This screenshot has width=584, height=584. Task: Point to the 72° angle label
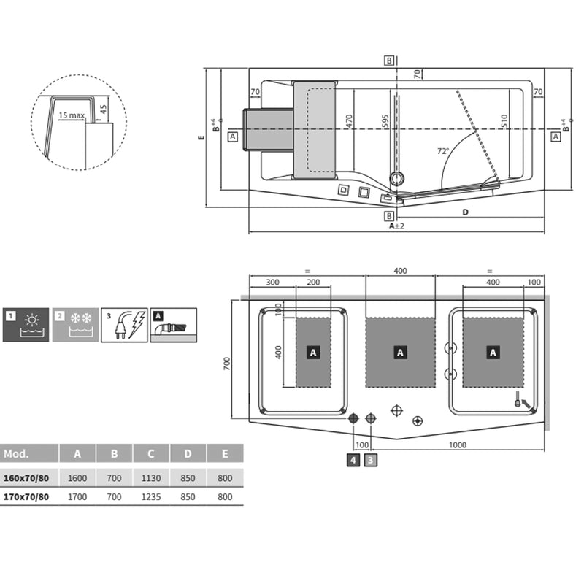(442, 151)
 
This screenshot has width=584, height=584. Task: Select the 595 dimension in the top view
(385, 121)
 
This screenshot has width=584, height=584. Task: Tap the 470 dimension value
(349, 121)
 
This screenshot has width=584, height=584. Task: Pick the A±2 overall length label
(396, 226)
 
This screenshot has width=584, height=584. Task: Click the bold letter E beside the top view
(201, 136)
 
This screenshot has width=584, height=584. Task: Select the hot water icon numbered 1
(26, 325)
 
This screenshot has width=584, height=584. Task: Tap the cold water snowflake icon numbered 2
(75, 325)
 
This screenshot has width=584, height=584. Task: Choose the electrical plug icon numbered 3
(124, 325)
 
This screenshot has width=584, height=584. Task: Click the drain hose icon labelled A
(174, 325)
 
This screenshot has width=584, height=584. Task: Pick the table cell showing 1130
(151, 478)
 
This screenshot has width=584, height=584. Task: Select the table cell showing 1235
(151, 497)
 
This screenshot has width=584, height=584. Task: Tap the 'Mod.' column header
(16, 453)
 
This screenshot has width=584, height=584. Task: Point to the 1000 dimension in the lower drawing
(458, 445)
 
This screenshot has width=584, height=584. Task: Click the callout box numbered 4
(353, 460)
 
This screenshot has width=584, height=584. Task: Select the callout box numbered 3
(371, 460)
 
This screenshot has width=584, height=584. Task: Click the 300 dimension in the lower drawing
(272, 282)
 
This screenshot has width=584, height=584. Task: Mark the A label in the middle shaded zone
(400, 352)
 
